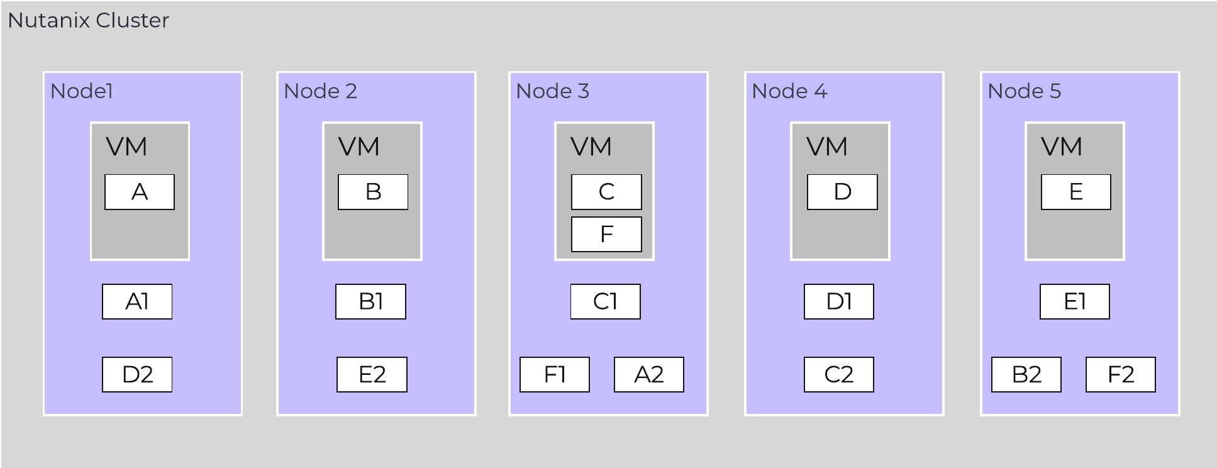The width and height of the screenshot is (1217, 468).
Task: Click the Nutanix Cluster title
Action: (x=88, y=21)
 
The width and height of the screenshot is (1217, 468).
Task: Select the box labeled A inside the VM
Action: (x=140, y=192)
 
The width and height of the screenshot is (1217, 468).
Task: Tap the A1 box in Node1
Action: (x=137, y=302)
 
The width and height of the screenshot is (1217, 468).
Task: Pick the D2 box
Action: (x=137, y=375)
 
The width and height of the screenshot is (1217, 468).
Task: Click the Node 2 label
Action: (x=320, y=91)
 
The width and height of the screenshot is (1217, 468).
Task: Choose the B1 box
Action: (x=370, y=302)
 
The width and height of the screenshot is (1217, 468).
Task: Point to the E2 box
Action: (x=372, y=375)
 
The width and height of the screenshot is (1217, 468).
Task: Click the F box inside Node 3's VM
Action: (x=606, y=235)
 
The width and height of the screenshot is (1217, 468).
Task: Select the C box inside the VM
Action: (x=606, y=192)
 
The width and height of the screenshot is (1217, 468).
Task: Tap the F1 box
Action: (x=555, y=375)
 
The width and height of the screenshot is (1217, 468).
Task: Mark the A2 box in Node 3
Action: (x=649, y=375)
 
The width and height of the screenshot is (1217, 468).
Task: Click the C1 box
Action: (x=606, y=302)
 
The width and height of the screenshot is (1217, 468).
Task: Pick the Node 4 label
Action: (x=789, y=91)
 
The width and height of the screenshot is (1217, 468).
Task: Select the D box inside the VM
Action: (x=842, y=192)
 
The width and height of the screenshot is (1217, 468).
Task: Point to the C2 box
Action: (x=839, y=375)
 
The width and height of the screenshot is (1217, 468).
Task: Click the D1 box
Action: (x=839, y=302)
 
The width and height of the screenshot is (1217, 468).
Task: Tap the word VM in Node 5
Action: (x=1062, y=147)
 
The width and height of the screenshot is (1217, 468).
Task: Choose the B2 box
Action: (x=1026, y=375)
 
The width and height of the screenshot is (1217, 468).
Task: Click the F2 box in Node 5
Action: (x=1121, y=375)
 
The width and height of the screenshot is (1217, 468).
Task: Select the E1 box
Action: (x=1075, y=302)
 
